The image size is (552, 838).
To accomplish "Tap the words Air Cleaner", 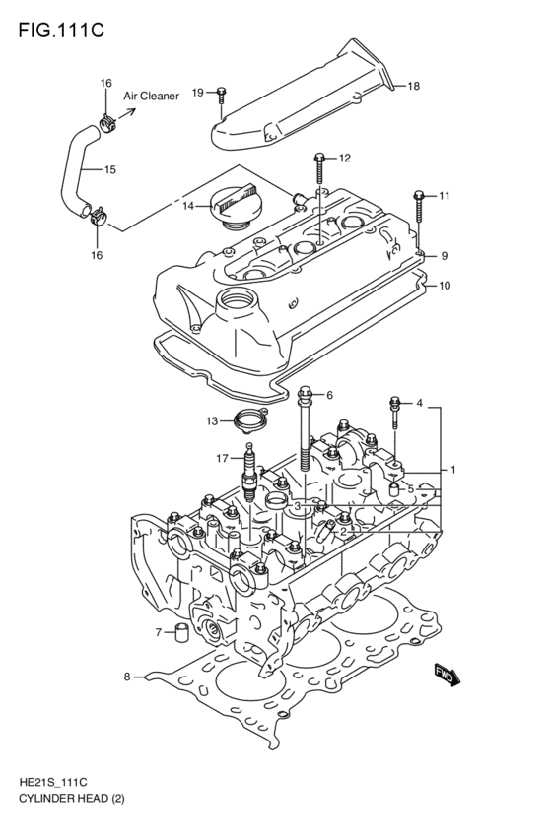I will point(151,97).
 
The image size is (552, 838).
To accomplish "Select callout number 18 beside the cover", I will point(413,87).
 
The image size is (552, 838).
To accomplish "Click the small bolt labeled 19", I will point(222,94).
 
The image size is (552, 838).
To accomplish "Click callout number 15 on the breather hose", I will point(109,169).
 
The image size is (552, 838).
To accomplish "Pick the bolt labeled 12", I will point(319,160).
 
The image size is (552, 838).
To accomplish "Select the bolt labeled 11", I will point(420,198).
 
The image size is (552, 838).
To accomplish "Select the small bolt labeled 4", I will point(396,404).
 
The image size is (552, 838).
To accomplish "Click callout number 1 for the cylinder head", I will point(452,470).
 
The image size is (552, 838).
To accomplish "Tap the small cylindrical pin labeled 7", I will point(180,632).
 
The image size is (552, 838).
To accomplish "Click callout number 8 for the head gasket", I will point(126,677).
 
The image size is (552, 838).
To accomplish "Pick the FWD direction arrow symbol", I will point(447,676).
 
